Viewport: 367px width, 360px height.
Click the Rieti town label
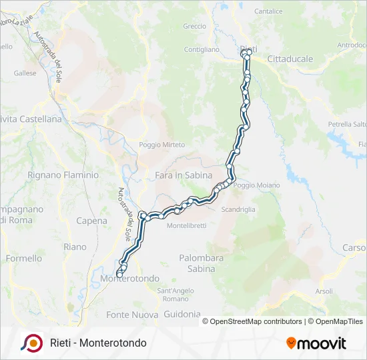[248, 49]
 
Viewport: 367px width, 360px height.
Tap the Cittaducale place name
[290, 59]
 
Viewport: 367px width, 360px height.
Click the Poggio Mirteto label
[162, 145]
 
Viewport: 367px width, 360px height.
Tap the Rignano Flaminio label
[63, 175]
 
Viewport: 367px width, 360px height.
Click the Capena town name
[92, 221]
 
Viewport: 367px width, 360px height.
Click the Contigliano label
[202, 49]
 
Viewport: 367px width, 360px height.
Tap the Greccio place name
[194, 27]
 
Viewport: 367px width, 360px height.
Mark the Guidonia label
[181, 314]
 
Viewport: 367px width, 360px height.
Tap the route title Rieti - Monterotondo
[98, 343]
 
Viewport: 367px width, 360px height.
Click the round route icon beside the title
[31, 343]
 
